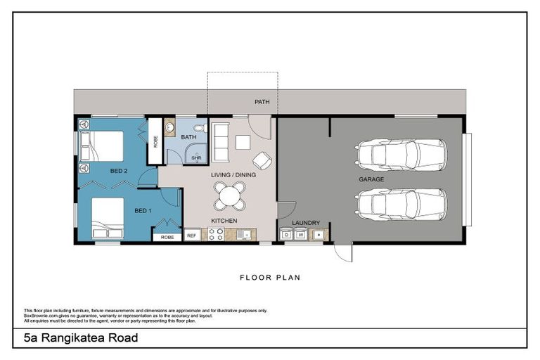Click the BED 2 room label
(x=118, y=171)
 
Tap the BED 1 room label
(x=143, y=211)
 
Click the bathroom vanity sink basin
(x=169, y=129)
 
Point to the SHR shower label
(x=196, y=158)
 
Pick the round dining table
(x=230, y=196)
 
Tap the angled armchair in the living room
(x=262, y=160)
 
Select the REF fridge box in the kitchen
(x=191, y=236)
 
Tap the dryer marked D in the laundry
(x=287, y=235)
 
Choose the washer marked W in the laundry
(x=300, y=235)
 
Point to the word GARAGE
(x=371, y=179)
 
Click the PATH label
(x=262, y=102)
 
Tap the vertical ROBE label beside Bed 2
(x=155, y=141)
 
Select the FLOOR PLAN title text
(x=270, y=278)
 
